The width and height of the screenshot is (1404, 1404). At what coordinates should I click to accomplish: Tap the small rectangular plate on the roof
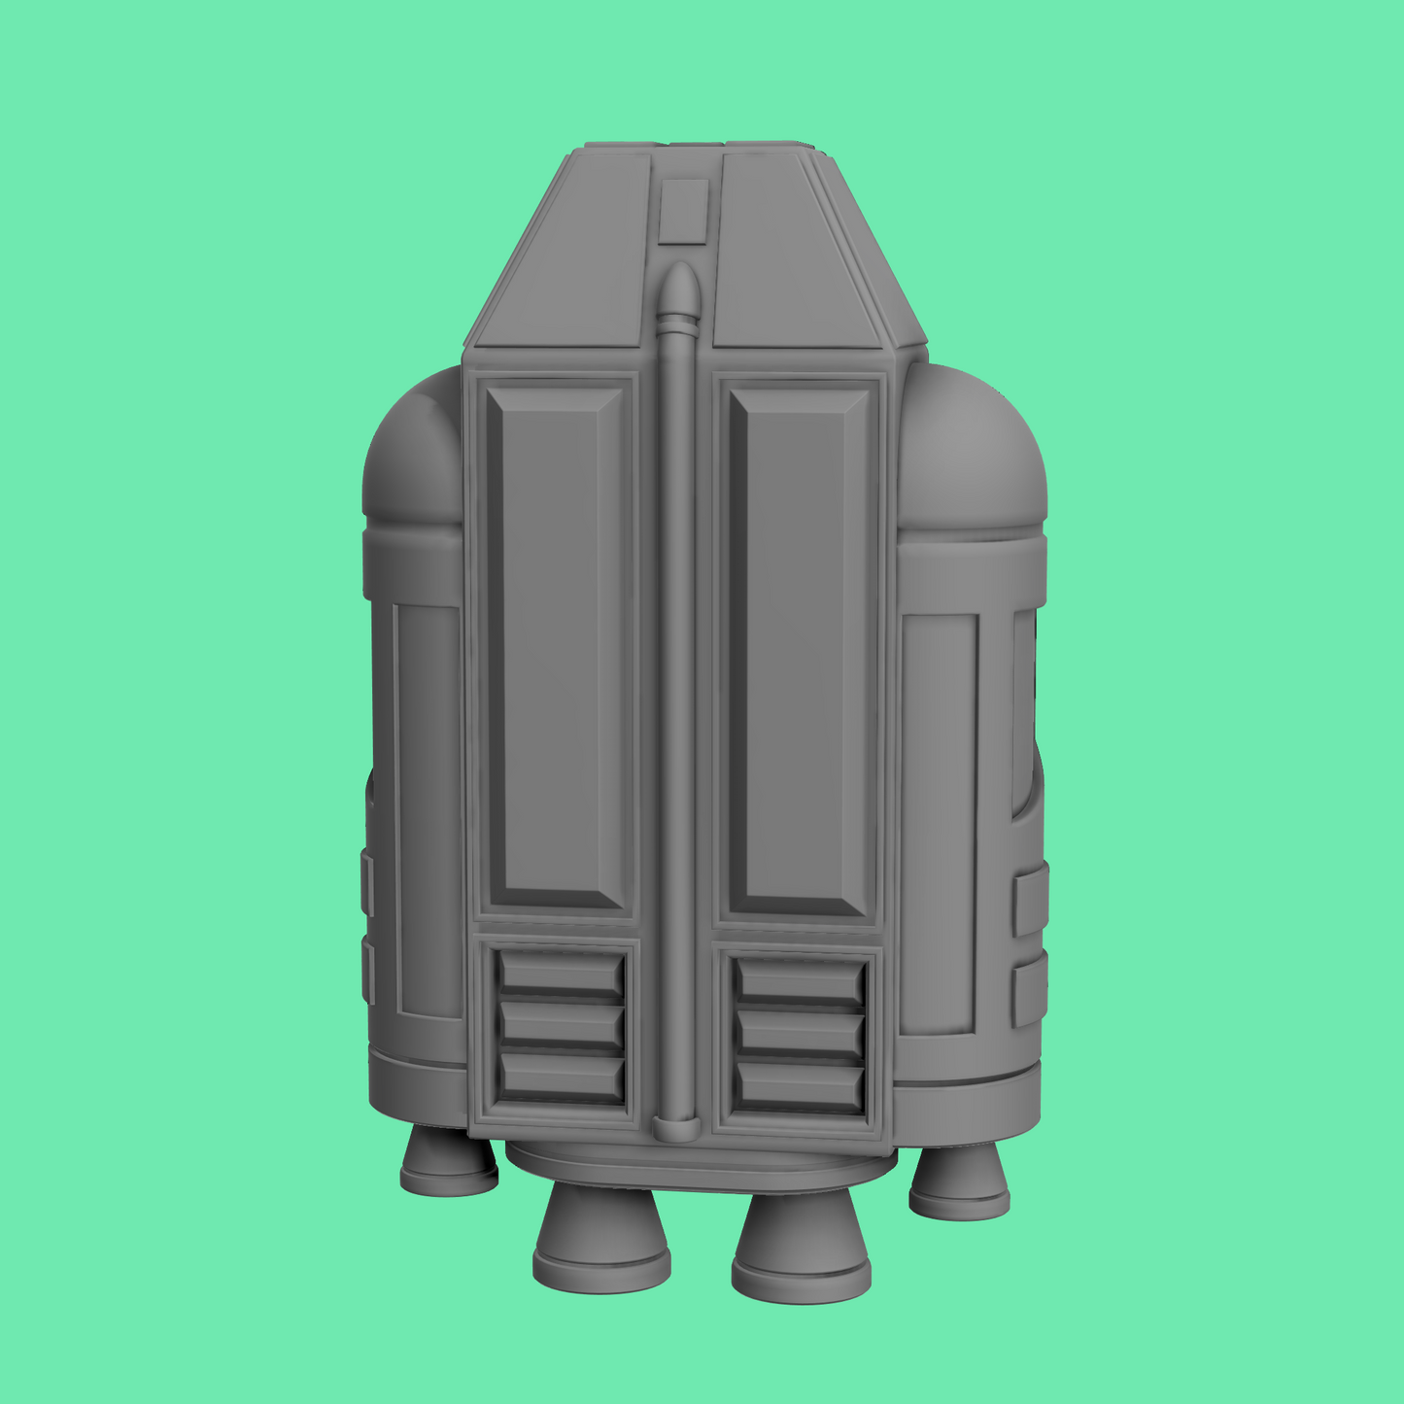(684, 210)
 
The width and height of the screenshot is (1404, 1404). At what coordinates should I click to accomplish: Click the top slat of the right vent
(799, 979)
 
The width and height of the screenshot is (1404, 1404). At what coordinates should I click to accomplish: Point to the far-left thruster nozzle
(447, 1163)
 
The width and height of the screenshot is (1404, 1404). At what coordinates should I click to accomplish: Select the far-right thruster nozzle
(960, 1183)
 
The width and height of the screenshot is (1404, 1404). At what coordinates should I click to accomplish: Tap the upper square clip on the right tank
(1030, 903)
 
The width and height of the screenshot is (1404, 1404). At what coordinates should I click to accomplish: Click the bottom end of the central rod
(676, 1127)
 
